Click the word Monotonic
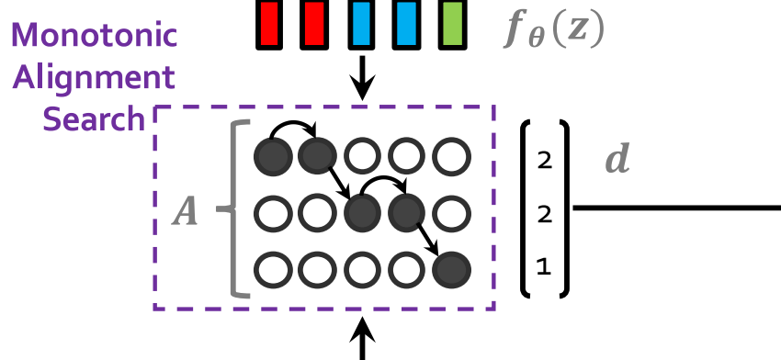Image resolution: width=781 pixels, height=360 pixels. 94,35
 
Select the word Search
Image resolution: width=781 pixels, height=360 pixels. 94,119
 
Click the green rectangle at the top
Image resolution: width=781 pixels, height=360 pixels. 452,25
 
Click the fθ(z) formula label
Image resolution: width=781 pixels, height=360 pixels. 553,31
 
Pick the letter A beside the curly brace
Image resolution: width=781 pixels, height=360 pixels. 185,212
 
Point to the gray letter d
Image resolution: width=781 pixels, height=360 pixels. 617,159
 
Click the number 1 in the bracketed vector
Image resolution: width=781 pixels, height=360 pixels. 544,268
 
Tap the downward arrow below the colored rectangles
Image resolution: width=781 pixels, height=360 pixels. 362,78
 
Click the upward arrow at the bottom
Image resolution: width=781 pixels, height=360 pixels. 362,339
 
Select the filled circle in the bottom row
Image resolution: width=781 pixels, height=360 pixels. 451,270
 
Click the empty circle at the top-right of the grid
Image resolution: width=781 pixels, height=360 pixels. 451,156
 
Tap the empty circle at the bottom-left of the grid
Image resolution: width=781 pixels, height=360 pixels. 273,270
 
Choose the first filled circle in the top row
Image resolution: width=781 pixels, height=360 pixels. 273,156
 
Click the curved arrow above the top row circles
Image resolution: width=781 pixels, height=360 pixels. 293,122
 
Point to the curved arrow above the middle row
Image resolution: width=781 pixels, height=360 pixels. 383,178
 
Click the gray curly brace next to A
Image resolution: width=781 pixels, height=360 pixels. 236,209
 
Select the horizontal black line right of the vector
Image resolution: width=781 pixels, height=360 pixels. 677,208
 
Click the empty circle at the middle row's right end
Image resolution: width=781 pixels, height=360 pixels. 451,214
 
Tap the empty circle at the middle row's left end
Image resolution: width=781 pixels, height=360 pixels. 273,214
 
